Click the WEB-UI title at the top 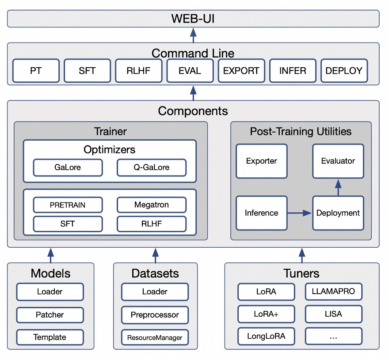[x=193, y=19]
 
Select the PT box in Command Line [x=36, y=71]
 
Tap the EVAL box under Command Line [x=190, y=71]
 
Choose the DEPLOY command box [x=344, y=71]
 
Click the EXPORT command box [x=241, y=71]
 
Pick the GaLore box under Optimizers [x=68, y=168]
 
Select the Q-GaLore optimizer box [x=152, y=168]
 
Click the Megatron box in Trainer [x=152, y=205]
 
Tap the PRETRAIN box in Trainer [x=68, y=205]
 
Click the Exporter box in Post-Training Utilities [x=261, y=161]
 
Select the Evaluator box [x=338, y=161]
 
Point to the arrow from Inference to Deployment [x=300, y=213]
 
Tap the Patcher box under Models [x=50, y=315]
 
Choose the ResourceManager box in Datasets [x=155, y=337]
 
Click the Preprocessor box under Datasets [x=155, y=315]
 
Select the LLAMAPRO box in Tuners [x=333, y=292]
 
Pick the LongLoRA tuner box [x=266, y=336]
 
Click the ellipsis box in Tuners [x=333, y=336]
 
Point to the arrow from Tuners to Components [x=302, y=255]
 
